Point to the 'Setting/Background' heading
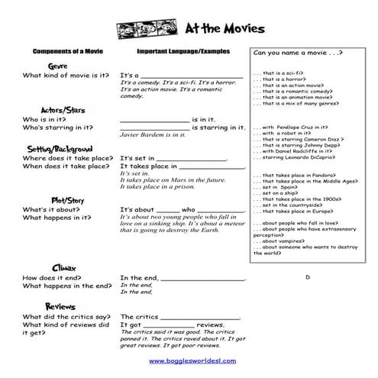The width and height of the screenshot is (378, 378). pos(60,148)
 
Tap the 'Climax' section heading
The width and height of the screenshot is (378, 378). pos(62,268)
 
